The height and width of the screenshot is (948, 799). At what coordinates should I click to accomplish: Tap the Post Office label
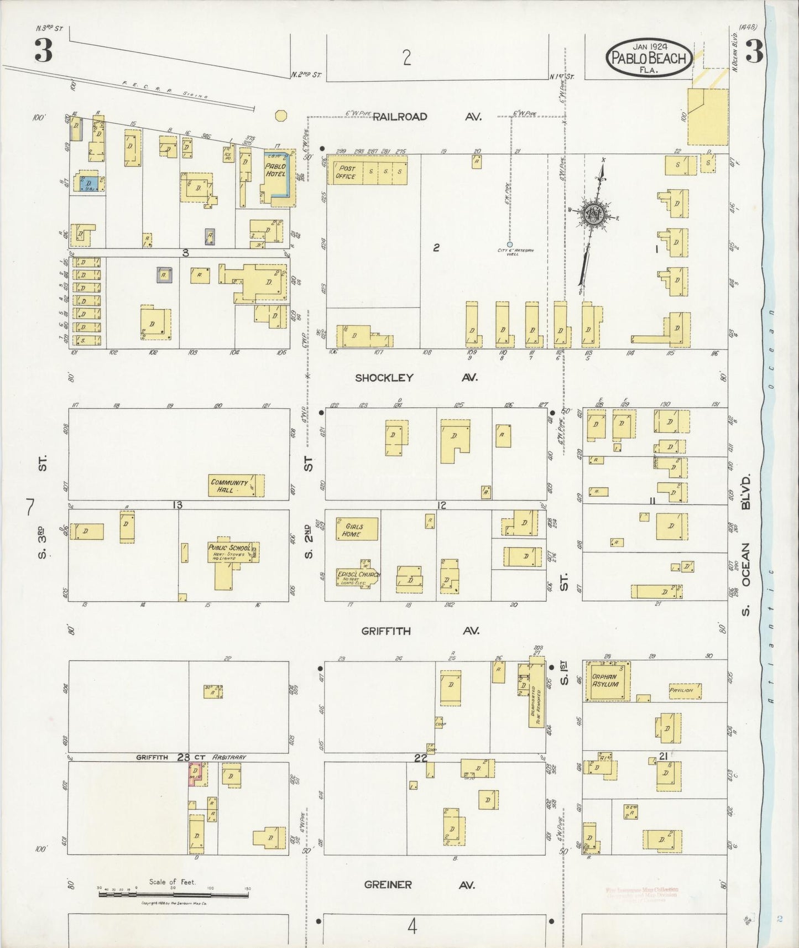pyautogui.click(x=346, y=172)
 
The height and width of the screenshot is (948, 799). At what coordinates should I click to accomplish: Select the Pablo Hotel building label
pyautogui.click(x=275, y=170)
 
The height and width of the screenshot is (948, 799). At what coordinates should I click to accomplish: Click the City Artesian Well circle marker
pyautogui.click(x=509, y=244)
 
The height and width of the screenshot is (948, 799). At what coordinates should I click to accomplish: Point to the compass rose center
pyautogui.click(x=593, y=213)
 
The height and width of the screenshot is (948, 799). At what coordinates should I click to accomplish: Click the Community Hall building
pyautogui.click(x=232, y=486)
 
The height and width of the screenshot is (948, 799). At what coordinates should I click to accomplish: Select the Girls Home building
pyautogui.click(x=357, y=529)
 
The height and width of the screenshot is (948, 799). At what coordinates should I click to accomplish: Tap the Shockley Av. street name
pyautogui.click(x=416, y=378)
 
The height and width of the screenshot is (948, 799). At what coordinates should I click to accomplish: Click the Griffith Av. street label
pyautogui.click(x=420, y=631)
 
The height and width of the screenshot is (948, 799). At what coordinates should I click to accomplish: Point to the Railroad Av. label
pyautogui.click(x=426, y=117)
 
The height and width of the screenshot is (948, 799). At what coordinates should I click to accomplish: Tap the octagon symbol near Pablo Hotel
pyautogui.click(x=281, y=116)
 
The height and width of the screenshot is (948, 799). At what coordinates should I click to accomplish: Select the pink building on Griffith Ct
pyautogui.click(x=195, y=773)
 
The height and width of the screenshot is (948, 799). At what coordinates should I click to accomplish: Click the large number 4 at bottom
pyautogui.click(x=412, y=926)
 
